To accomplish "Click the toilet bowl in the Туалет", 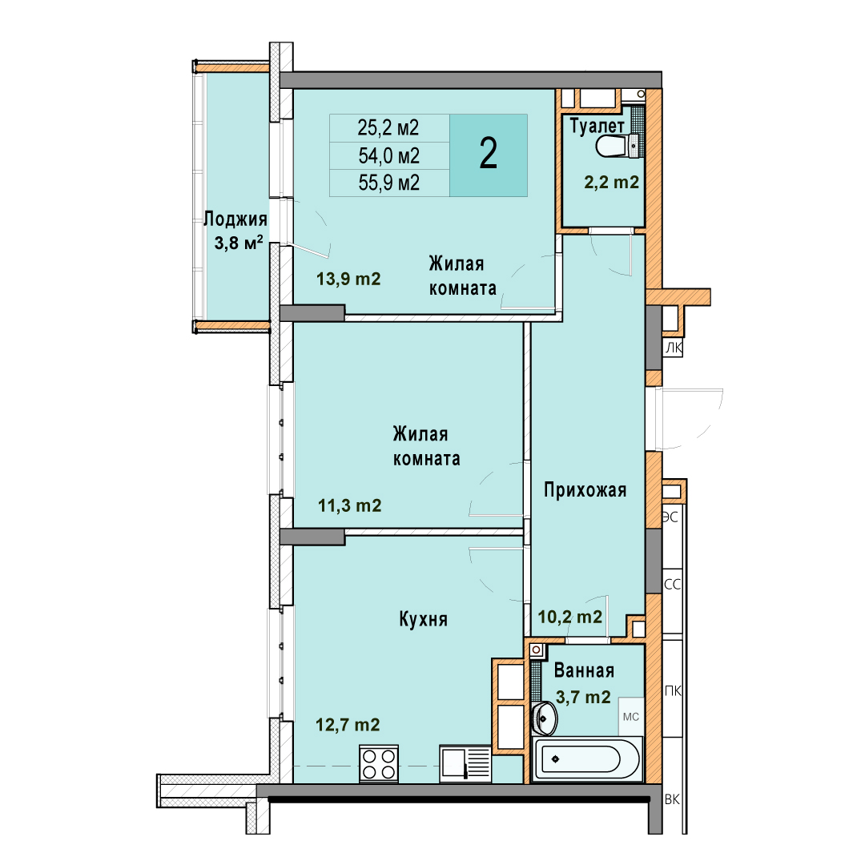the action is click(618, 147).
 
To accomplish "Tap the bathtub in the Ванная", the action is click(587, 759).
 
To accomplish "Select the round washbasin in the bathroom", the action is click(545, 718).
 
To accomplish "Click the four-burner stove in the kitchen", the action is click(379, 763).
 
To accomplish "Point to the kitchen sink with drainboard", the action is click(465, 763).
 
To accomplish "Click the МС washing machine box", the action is click(630, 717).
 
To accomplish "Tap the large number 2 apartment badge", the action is click(489, 155).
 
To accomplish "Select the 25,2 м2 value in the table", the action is click(388, 128).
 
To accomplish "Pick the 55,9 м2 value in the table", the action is click(389, 183).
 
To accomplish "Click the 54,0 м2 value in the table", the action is click(389, 155).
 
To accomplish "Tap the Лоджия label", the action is click(235, 219).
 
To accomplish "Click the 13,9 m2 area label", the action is click(348, 279).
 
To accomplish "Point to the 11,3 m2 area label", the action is click(350, 505).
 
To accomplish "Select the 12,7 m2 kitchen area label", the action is click(348, 724).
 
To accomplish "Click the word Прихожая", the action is click(585, 490).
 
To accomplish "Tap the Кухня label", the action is click(423, 619).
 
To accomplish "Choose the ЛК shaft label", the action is click(674, 348).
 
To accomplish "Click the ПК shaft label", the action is click(673, 690).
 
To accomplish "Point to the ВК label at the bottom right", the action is click(672, 799).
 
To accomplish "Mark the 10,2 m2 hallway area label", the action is click(570, 616).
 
